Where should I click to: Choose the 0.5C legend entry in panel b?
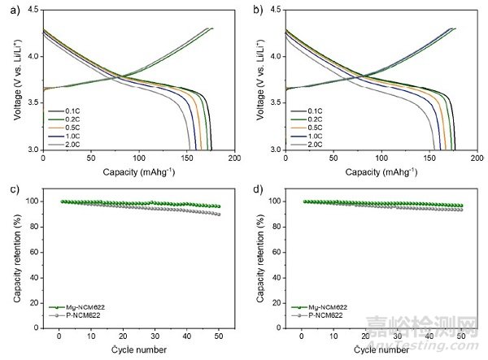pos(307,126)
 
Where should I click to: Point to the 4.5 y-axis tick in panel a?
pos(32,10)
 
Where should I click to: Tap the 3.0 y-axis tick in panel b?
pos(275,150)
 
